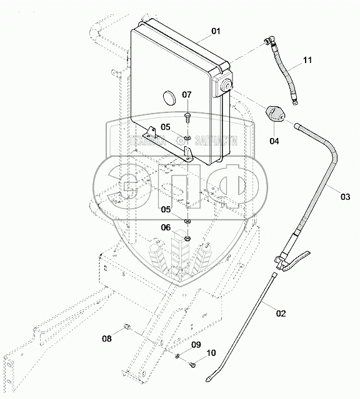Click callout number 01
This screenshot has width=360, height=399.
(216, 31)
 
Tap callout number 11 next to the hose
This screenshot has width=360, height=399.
(307, 61)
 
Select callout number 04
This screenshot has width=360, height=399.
(274, 141)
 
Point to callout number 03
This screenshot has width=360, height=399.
(346, 197)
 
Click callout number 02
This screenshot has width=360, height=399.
(281, 313)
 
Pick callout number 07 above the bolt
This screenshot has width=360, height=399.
(186, 95)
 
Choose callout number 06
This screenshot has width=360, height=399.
(166, 227)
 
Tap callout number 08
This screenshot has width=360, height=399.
(107, 338)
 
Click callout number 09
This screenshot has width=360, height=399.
(196, 345)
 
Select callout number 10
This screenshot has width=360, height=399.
(211, 353)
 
